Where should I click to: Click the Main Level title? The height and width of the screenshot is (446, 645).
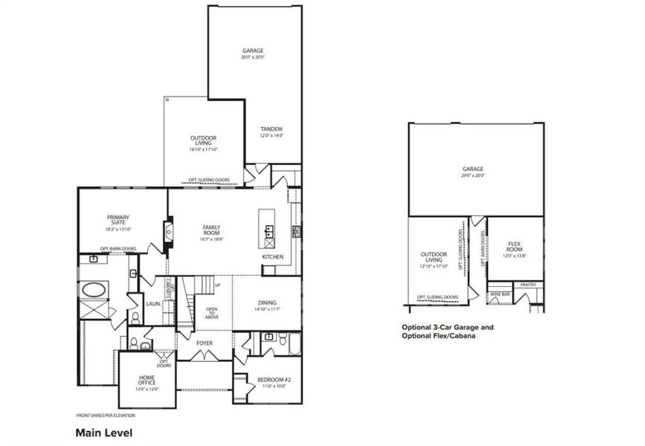pos(103,431)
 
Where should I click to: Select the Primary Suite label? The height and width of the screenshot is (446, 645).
pos(118,221)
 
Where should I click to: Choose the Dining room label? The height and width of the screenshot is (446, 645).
pos(267,303)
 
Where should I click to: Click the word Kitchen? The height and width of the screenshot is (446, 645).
pos(272,257)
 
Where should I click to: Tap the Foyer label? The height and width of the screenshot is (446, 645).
pos(205,343)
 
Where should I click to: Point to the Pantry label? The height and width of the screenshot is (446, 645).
pos(528,284)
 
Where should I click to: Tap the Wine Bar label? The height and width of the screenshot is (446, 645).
pos(500,294)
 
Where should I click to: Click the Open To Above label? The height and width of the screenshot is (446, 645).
pos(212,313)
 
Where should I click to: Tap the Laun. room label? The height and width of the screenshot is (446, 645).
pos(153,303)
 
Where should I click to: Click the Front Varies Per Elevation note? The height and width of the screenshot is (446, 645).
pos(104,415)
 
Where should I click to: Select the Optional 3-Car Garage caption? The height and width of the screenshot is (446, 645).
pos(447,327)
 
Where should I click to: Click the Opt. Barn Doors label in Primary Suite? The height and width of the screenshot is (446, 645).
pos(118,249)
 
